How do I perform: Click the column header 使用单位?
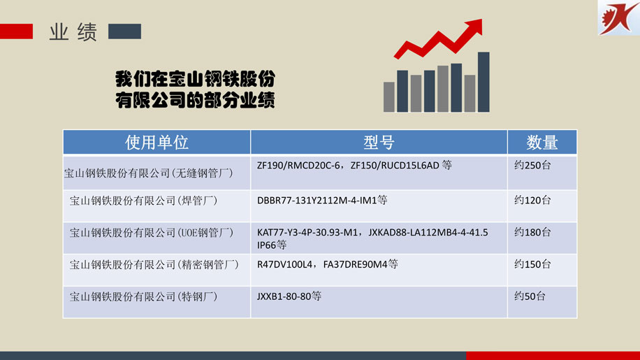[157, 143]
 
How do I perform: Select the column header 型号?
[379, 143]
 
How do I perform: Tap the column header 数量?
[542, 143]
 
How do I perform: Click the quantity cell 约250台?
[532, 165]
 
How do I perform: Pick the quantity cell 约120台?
[532, 200]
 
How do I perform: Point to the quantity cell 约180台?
[532, 232]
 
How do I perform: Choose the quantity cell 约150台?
[532, 264]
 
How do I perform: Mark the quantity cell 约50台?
[530, 296]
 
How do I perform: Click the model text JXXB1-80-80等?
[289, 296]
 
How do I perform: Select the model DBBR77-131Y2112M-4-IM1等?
[322, 200]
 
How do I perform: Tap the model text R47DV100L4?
[284, 264]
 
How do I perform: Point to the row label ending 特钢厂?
[143, 296]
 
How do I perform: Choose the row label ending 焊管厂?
[143, 201]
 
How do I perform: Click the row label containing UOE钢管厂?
[152, 233]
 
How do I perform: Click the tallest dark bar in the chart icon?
[483, 82]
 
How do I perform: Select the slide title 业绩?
[73, 32]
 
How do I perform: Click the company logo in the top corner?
[619, 17]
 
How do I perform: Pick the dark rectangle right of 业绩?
[124, 31]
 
